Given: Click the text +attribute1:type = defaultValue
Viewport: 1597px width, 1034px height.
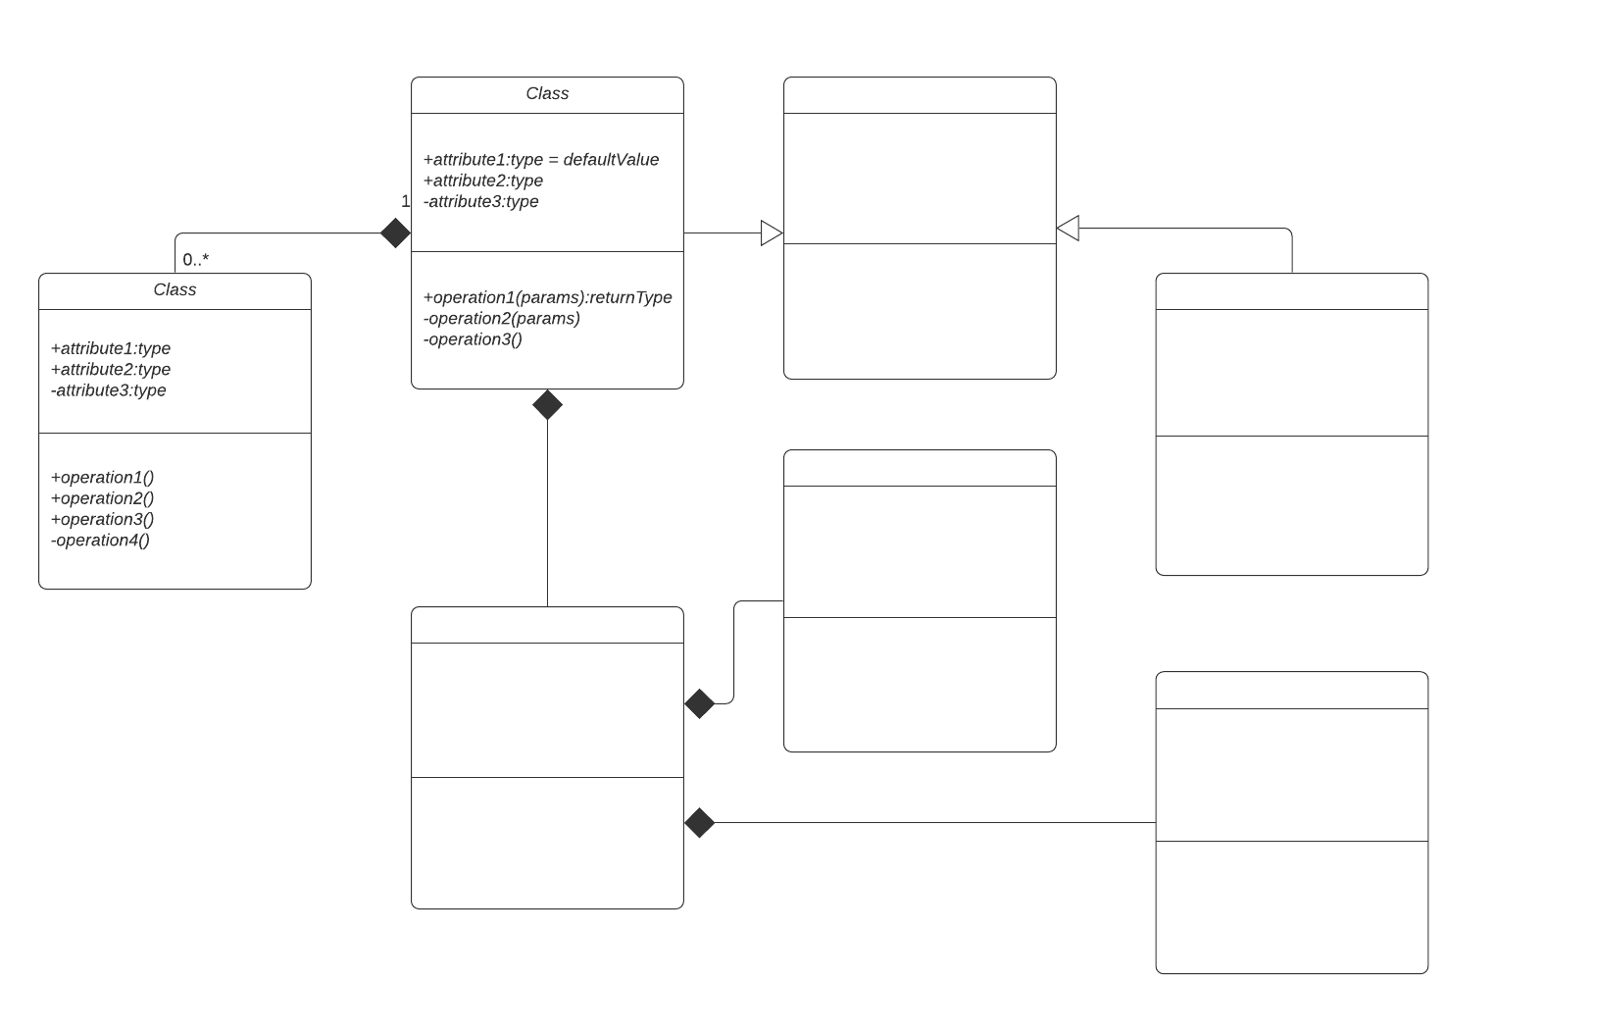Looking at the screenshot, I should (x=541, y=160).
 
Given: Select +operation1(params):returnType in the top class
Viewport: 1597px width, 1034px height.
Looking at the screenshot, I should (x=547, y=297).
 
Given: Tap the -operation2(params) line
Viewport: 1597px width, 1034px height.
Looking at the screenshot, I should (x=502, y=319).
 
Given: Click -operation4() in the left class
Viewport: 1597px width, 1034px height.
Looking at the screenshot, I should (x=100, y=541).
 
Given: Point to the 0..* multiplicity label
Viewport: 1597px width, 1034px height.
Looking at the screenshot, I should (x=195, y=260).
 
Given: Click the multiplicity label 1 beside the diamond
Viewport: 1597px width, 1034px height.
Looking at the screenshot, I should (x=405, y=201).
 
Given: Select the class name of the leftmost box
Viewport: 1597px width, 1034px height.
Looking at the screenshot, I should (x=175, y=290).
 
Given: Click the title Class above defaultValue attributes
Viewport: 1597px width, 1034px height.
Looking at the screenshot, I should (x=547, y=94).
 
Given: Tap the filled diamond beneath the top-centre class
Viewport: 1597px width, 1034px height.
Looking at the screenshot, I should (x=547, y=404).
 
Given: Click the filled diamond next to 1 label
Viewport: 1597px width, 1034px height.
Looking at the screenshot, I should (x=395, y=233).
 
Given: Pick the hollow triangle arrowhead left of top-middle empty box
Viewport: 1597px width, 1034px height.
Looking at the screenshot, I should (x=772, y=233).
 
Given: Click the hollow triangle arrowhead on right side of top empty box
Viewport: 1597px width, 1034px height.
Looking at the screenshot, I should (x=1068, y=229).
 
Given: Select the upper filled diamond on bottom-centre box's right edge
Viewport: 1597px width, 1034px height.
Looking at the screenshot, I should (x=699, y=703).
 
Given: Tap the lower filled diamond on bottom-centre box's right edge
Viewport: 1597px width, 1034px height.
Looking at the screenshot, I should (x=699, y=823).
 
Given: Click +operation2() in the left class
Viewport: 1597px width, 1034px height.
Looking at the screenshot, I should (x=102, y=498).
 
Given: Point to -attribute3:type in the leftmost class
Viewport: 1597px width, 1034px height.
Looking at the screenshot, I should (x=109, y=390).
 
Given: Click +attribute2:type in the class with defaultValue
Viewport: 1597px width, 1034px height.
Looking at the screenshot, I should (x=483, y=181).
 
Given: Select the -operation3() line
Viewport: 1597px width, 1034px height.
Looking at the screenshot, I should (x=473, y=339).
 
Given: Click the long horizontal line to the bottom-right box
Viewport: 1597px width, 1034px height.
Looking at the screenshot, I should (x=931, y=823).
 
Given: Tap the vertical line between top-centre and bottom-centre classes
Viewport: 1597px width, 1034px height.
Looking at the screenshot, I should (x=547, y=510).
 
